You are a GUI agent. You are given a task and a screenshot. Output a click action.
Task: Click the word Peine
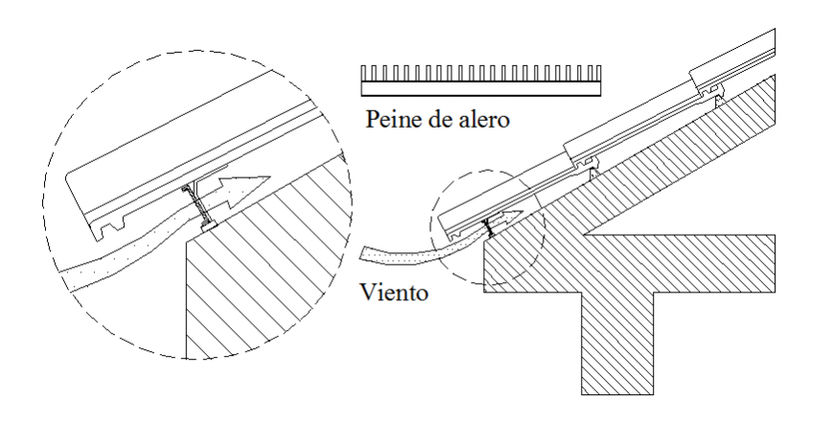387,121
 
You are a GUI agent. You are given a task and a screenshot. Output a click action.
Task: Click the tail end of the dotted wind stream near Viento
369,254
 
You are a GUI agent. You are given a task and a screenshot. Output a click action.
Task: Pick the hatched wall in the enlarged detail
259,278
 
